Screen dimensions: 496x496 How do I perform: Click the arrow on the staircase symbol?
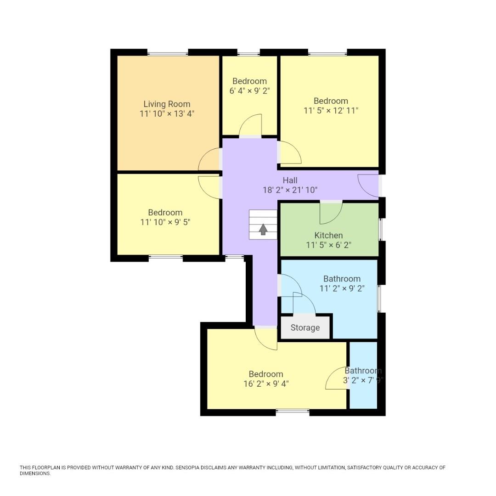[x=263, y=229]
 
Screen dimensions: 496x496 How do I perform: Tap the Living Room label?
[x=167, y=104]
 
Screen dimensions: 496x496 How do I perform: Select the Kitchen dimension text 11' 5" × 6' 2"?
[x=329, y=245]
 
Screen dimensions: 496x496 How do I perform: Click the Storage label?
[x=305, y=327]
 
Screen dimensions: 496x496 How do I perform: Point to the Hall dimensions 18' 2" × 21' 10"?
[x=290, y=190]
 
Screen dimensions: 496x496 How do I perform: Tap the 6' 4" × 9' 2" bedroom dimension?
[x=249, y=91]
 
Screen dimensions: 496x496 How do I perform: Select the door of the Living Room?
[x=209, y=160]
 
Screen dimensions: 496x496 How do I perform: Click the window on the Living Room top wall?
[x=168, y=53]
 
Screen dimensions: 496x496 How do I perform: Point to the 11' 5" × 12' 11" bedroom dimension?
[x=331, y=111]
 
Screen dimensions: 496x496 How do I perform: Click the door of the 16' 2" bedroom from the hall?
[x=266, y=338]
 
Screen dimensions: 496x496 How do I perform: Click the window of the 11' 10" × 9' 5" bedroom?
[x=166, y=258]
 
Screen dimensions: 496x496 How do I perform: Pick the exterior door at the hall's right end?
[x=369, y=186]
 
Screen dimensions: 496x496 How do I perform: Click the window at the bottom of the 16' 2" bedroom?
[x=293, y=411]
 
